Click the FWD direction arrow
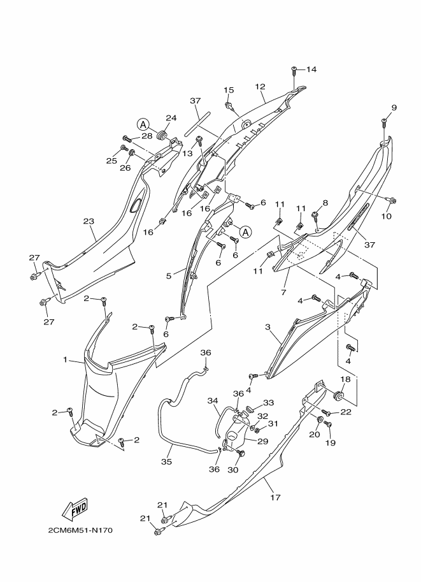coord(74,509)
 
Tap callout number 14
coord(311,69)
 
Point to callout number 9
coord(394,108)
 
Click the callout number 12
coord(260,87)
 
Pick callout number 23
coord(89,222)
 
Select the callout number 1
coord(65,360)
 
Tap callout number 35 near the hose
coord(166,462)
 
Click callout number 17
coord(275,498)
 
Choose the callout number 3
coord(268,327)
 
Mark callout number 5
coord(169,276)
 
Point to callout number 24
coord(153,118)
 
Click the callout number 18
coord(345,380)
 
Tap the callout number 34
coord(213,401)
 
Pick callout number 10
coord(385,216)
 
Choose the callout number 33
coord(269,403)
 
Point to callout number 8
coord(325,203)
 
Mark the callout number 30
coord(232,470)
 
